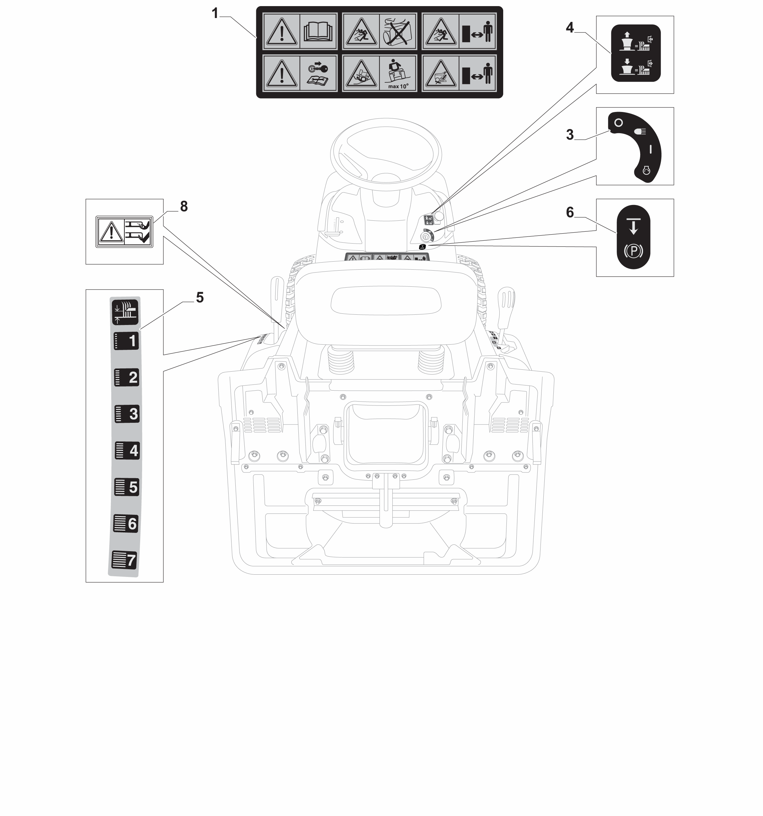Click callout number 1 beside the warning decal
pyautogui.click(x=214, y=14)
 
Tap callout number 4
pyautogui.click(x=570, y=27)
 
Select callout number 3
pyautogui.click(x=570, y=134)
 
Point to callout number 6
pyautogui.click(x=570, y=212)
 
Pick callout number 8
pyautogui.click(x=184, y=207)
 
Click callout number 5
pyautogui.click(x=200, y=298)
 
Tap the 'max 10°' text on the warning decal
pyautogui.click(x=398, y=87)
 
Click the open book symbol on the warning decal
pyautogui.click(x=318, y=32)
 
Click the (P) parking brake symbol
pyautogui.click(x=633, y=251)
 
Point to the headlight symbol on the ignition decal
pyautogui.click(x=640, y=131)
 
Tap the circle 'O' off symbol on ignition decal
pyautogui.click(x=619, y=123)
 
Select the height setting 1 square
pyautogui.click(x=126, y=341)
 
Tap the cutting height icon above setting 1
pyautogui.click(x=125, y=312)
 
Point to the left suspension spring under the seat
pyautogui.click(x=341, y=359)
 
